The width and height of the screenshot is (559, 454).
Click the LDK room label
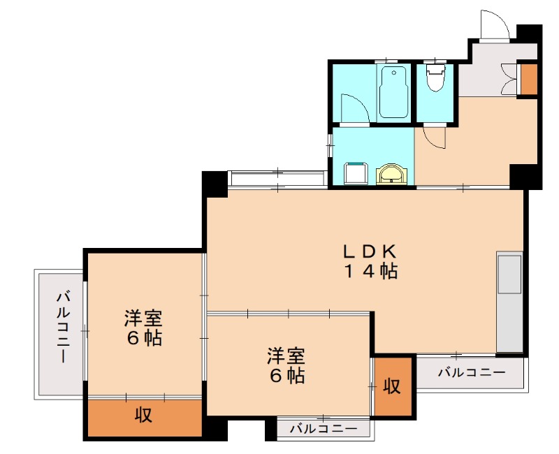click(x=370, y=252)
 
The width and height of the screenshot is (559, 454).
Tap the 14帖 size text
click(x=370, y=271)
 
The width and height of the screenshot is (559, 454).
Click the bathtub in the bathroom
click(x=393, y=92)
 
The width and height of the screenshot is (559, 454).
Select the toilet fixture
click(x=435, y=77)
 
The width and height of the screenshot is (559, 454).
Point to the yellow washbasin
click(x=391, y=174)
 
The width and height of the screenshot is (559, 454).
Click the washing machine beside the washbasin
click(x=356, y=173)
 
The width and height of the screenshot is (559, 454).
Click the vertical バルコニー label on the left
click(x=63, y=327)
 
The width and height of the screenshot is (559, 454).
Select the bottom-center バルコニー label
click(x=323, y=429)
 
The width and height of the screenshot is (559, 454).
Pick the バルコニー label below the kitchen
click(x=472, y=373)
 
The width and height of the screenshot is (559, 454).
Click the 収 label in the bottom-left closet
click(x=144, y=415)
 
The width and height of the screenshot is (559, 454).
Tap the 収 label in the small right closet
click(x=392, y=386)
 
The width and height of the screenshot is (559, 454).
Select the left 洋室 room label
click(x=143, y=318)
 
